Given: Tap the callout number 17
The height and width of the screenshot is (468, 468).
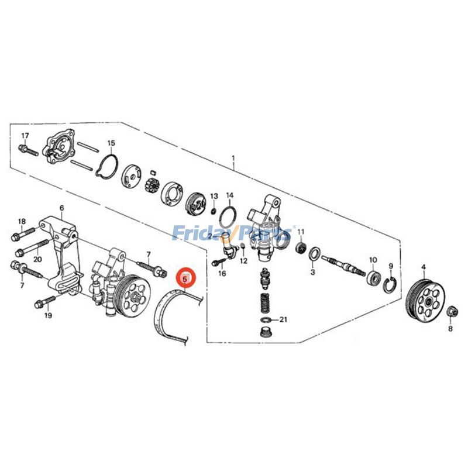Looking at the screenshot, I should (25, 136).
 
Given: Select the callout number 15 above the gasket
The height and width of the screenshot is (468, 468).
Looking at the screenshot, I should (111, 143).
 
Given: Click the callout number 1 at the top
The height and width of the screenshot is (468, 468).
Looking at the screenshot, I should (233, 158).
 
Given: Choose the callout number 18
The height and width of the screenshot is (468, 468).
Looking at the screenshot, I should (22, 221).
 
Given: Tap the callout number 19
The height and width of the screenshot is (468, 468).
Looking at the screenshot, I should (48, 315).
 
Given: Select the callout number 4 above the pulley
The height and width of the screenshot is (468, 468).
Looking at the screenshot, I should (423, 267).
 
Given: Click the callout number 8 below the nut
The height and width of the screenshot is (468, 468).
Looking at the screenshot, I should (450, 329).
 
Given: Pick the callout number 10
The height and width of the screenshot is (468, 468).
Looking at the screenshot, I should (373, 259).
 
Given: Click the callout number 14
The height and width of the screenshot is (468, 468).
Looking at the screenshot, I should (230, 195).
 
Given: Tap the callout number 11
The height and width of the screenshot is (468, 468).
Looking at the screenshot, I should (301, 232).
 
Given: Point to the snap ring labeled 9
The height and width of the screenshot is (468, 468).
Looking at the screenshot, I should (391, 285).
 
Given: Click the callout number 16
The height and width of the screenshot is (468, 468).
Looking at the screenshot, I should (222, 273).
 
